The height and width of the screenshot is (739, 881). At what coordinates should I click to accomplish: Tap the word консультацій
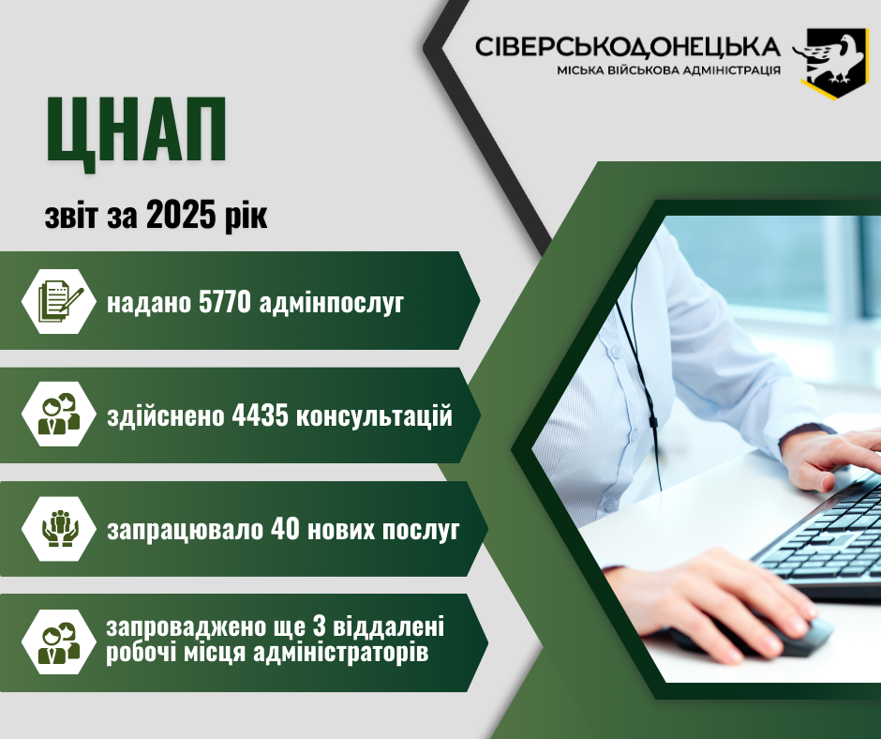374,416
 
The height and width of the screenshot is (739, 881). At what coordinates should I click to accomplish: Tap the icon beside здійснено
59,415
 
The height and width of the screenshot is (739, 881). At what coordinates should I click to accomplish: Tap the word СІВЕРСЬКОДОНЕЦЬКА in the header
627,47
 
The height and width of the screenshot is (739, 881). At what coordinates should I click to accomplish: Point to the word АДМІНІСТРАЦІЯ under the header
727,70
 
